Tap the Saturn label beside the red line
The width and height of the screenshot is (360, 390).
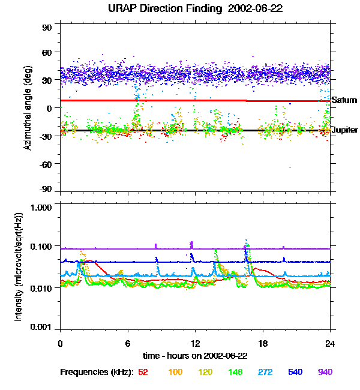(x=344, y=100)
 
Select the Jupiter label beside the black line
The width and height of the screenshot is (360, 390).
(x=344, y=130)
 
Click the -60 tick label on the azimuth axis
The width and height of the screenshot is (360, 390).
(x=46, y=163)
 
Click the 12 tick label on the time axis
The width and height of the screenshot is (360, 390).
(x=195, y=344)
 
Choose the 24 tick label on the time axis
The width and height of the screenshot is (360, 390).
(x=330, y=344)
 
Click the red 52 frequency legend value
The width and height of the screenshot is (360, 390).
(x=143, y=372)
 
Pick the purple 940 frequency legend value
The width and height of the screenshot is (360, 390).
(x=325, y=372)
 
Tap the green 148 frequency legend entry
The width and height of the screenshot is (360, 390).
(x=235, y=372)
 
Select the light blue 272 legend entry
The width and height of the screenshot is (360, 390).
(x=265, y=372)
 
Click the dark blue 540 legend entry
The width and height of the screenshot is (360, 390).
(x=295, y=372)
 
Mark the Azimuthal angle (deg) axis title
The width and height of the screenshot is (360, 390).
(x=28, y=107)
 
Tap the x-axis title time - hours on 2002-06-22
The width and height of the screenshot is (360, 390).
(x=195, y=355)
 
